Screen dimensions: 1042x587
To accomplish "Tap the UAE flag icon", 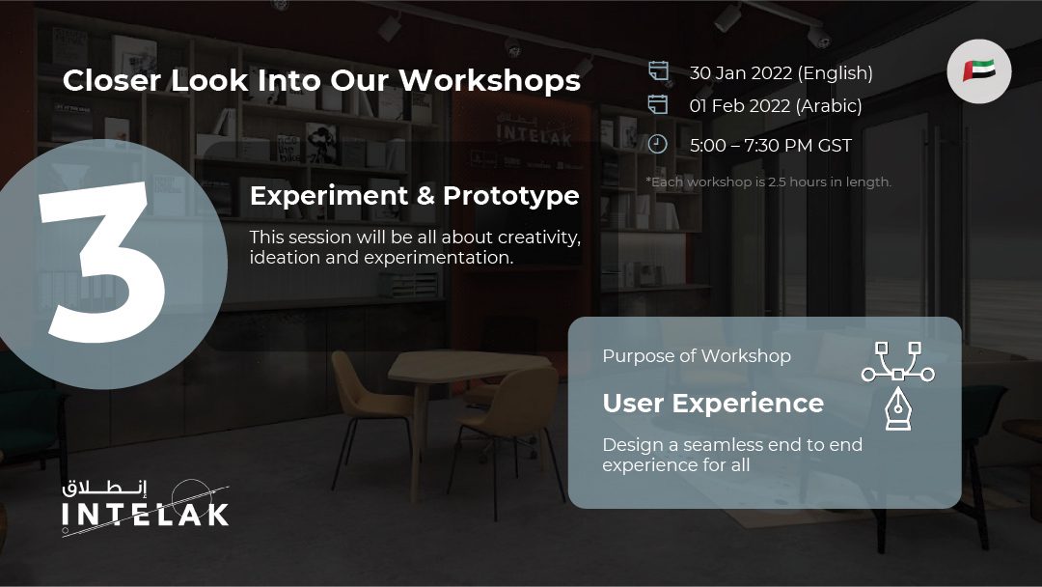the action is coord(979,71).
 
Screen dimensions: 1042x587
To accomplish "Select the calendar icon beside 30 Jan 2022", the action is coord(658,71).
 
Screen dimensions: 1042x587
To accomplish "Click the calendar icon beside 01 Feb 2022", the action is coord(658,104).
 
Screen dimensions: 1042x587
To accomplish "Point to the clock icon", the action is coord(657,144).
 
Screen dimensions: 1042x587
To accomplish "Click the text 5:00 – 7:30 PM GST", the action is coord(770,146).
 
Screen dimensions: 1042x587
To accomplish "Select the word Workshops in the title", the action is coord(489,80).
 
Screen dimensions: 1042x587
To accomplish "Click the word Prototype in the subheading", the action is coord(511,196).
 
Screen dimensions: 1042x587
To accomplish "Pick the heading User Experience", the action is coord(713,404).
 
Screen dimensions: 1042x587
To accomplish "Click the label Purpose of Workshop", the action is coord(697,356).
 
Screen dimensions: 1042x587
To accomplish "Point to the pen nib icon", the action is coord(898,408).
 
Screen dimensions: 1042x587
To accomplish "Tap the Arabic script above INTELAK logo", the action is coord(104,489).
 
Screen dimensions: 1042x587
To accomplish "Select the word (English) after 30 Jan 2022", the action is coord(836,73).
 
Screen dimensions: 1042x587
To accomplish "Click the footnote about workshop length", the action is coord(768,182).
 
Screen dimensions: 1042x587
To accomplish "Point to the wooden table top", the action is coord(470,366).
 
